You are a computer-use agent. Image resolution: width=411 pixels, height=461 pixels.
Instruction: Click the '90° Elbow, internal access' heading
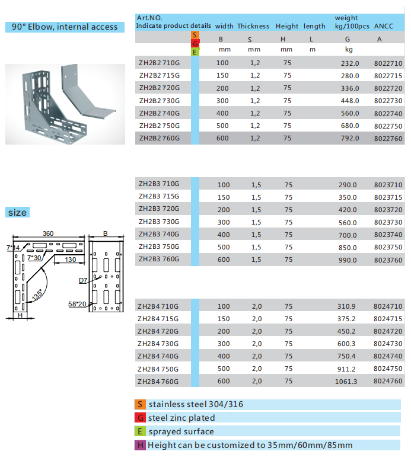coord(65,27)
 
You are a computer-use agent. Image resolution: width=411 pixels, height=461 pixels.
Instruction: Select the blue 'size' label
coord(18,213)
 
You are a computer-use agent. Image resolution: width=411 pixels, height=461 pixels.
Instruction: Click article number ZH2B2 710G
coord(158,63)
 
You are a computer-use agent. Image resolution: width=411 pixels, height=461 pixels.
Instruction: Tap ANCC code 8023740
coord(388,235)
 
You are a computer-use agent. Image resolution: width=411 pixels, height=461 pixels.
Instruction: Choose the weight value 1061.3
coord(346,382)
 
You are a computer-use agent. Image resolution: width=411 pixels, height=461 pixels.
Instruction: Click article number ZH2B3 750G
coord(158,247)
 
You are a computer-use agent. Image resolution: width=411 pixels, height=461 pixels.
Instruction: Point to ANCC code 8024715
coord(388,319)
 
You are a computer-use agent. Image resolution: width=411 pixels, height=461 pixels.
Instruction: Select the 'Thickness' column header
coord(253,26)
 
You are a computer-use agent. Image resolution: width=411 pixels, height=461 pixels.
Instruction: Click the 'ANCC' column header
coord(384,26)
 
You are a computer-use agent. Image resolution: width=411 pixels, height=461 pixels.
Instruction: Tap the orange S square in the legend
coord(141,405)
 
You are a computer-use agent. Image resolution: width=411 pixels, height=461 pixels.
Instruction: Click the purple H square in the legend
coord(141,445)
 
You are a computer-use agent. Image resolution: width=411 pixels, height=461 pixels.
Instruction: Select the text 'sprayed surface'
coord(181,431)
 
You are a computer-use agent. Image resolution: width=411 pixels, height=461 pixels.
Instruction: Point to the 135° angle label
coord(38,294)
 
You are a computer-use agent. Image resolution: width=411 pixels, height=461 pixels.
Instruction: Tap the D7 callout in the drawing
coord(82,280)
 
